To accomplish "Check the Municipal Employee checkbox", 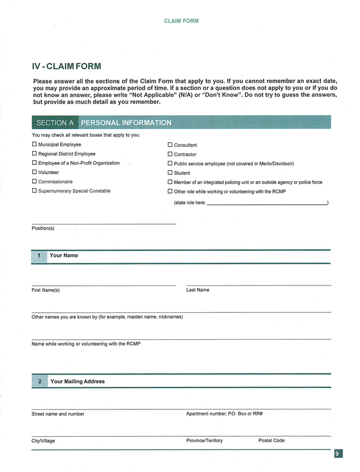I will coord(34,144).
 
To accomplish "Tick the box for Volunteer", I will coord(34,173).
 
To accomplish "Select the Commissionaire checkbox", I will coord(34,182).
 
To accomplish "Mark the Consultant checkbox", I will coord(170,144).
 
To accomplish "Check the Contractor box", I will coord(170,154).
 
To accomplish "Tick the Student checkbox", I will coord(170,173).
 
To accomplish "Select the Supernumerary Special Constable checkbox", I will coord(34,191).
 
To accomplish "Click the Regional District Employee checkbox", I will coord(34,154).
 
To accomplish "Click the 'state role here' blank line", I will coord(267,202).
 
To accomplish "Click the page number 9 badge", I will coord(338,454).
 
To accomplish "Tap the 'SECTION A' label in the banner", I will coord(55,123).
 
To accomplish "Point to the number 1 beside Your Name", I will coord(39,256).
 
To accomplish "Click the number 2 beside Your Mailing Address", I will coord(39,381).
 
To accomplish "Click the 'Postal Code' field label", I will coord(271,440).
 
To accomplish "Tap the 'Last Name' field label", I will coord(198,290).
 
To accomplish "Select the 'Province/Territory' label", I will coord(204,440).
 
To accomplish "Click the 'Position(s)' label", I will coord(43,228).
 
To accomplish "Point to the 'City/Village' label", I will coord(43,441).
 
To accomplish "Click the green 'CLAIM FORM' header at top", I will coord(181,20).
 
